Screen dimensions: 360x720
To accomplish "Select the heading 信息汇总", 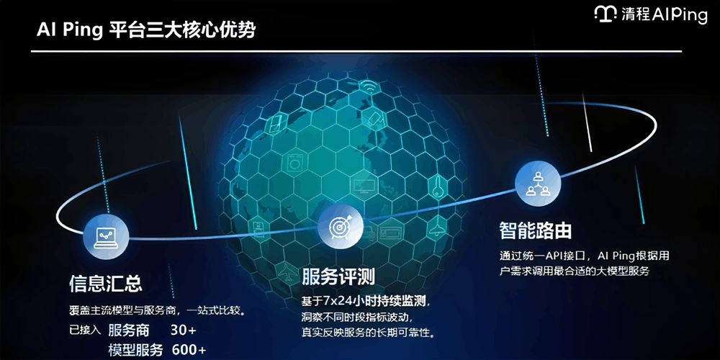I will pos(105,282).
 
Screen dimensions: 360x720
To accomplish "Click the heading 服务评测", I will pos(338,276).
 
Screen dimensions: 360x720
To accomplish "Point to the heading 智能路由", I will pos(536,230).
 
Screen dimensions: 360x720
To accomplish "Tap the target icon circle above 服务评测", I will pos(339,227).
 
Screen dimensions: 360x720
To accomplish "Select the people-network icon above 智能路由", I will pos(537,183).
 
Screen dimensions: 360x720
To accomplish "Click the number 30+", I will pos(184,330).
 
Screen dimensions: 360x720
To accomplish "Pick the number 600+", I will pos(189,350).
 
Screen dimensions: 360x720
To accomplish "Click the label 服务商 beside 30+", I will pos(129,330).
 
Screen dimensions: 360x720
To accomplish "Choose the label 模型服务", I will pos(135,350).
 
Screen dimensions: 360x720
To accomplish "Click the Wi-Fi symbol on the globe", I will pos(369,88).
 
